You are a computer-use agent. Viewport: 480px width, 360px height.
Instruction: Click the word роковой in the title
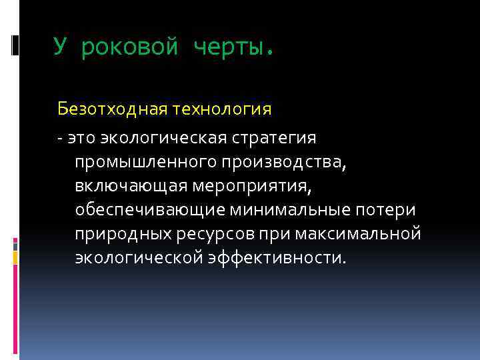click(130, 48)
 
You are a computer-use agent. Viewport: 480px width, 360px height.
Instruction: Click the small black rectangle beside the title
click(15, 45)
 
